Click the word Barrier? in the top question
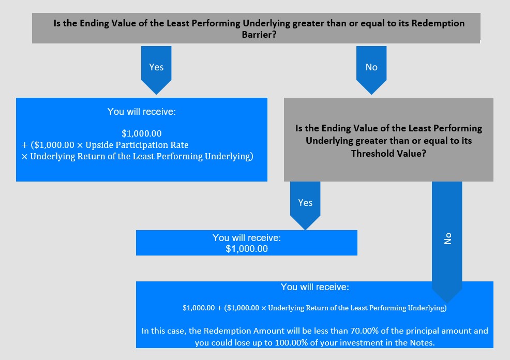point(259,35)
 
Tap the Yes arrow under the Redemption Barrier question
point(156,70)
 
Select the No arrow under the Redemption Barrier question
point(371,70)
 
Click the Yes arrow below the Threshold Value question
point(305,205)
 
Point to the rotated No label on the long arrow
point(448,238)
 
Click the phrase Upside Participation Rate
point(137,145)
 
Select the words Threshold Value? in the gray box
point(388,153)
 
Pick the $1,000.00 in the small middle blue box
point(247,249)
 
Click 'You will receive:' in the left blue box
point(142,112)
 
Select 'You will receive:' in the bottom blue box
point(315,287)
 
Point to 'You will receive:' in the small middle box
point(247,238)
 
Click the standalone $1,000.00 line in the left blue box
point(142,133)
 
